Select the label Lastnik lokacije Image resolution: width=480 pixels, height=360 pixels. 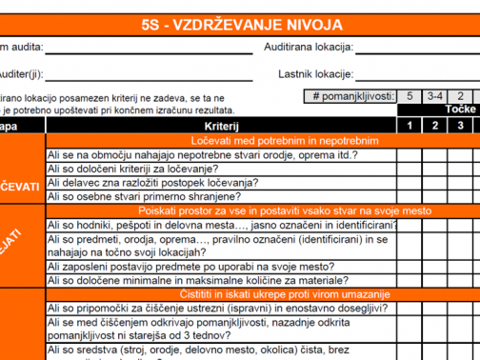(x=311, y=73)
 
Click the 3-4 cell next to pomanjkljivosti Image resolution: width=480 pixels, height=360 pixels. (x=434, y=96)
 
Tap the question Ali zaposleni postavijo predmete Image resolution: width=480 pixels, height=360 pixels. (x=190, y=267)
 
